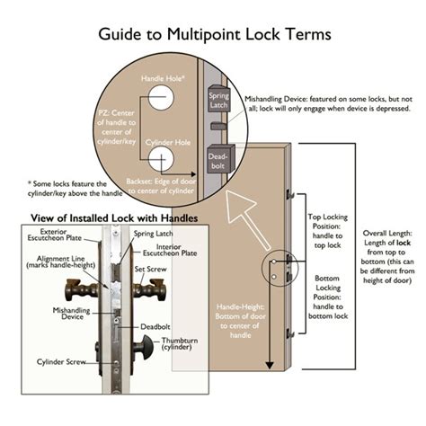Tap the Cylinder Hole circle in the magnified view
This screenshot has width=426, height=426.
point(162,159)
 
